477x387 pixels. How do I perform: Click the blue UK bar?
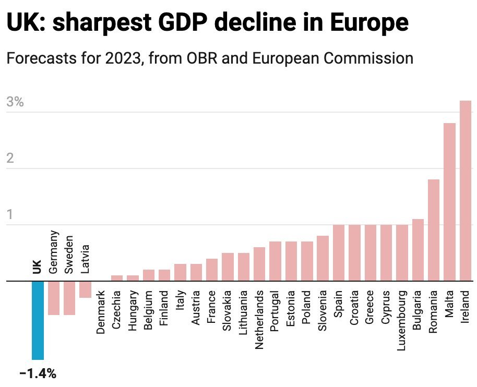[x=38, y=320]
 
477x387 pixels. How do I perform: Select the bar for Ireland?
[x=466, y=191]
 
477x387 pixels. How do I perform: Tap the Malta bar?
[x=449, y=202]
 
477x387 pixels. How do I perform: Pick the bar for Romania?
[x=434, y=231]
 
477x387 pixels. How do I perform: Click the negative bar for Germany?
[x=54, y=298]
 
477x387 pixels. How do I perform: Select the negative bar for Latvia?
[x=85, y=289]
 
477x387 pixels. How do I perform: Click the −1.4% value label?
[x=38, y=373]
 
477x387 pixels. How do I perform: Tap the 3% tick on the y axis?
[x=15, y=102]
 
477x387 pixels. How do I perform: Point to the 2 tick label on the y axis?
[x=10, y=159]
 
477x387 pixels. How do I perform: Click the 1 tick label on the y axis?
[x=9, y=215]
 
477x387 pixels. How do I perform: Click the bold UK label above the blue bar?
[x=37, y=266]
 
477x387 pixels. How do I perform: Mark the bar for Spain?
[x=338, y=253]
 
